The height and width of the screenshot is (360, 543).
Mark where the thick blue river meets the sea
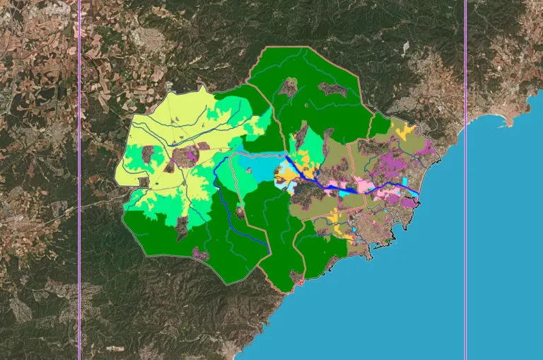[419, 194]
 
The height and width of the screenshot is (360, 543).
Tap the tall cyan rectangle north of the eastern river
[405, 182]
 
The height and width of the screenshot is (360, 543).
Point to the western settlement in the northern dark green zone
[288, 87]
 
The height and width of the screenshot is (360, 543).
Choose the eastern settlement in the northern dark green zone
[332, 89]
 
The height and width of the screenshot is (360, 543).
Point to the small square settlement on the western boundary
[143, 182]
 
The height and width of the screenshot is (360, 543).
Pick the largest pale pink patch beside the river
[365, 186]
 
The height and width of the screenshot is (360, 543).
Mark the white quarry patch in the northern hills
[406, 47]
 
